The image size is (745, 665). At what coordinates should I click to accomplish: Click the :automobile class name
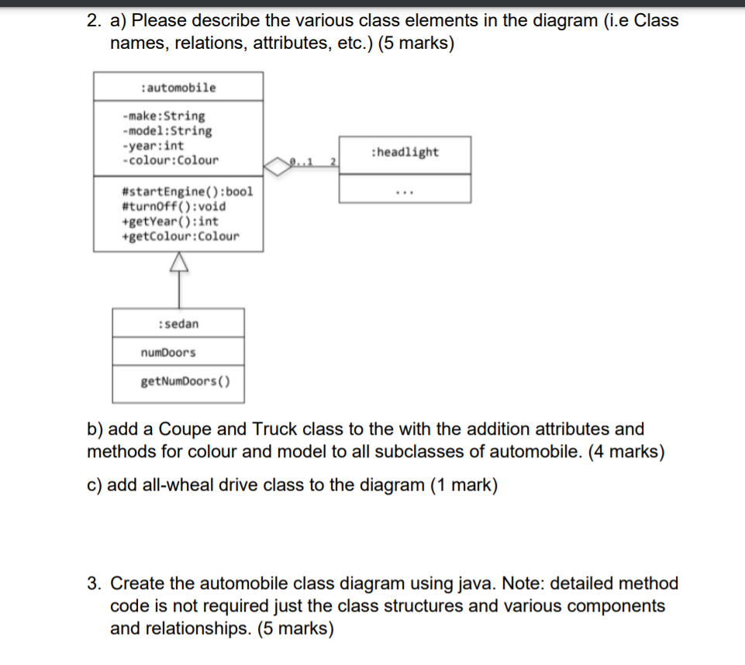[178, 88]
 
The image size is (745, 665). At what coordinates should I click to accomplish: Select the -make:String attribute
[164, 116]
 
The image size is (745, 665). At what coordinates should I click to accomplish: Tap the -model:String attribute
[167, 131]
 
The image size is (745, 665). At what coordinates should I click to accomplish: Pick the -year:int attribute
[153, 146]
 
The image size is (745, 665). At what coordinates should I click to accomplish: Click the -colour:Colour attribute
[170, 160]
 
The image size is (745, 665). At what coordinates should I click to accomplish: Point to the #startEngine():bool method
[188, 191]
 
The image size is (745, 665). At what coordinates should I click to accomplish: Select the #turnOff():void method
[174, 206]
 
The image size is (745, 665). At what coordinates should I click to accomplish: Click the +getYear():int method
[171, 221]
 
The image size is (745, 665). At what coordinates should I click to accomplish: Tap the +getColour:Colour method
[181, 236]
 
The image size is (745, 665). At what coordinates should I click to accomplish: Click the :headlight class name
[405, 152]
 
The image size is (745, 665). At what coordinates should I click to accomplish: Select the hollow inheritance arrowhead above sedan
[178, 265]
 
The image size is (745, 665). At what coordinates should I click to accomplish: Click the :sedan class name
[178, 323]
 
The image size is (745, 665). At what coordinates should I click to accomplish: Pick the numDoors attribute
[168, 353]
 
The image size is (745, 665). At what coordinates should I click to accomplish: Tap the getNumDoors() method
[180, 381]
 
